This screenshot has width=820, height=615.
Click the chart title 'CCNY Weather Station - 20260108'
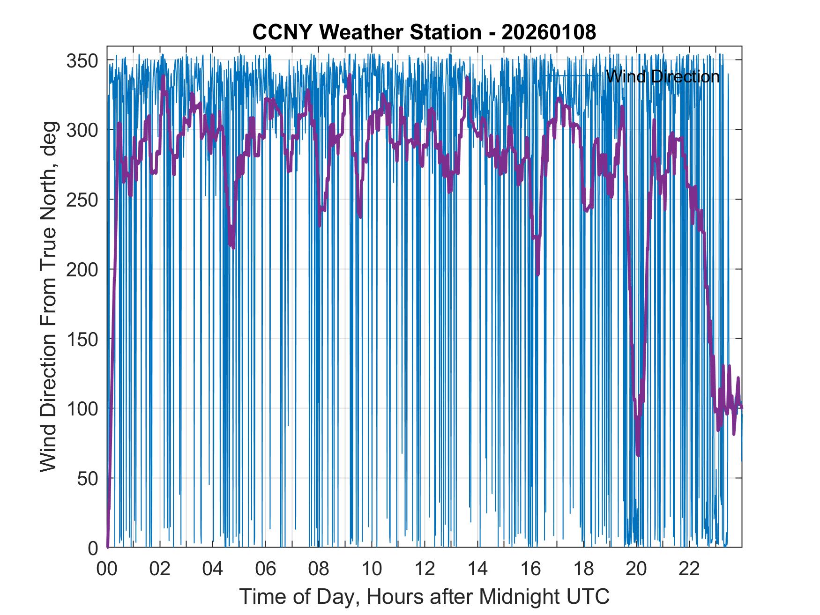[x=424, y=32]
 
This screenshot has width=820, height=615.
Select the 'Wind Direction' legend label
[x=663, y=76]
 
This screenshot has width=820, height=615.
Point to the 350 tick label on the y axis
[x=82, y=60]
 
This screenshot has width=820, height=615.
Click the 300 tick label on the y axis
[x=82, y=130]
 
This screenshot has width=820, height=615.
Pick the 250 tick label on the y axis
[x=82, y=200]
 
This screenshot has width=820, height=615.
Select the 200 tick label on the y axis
[x=82, y=270]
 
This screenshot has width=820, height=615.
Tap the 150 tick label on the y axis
[x=82, y=339]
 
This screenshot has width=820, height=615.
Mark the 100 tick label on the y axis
[x=82, y=409]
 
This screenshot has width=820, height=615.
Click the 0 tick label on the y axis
[x=93, y=548]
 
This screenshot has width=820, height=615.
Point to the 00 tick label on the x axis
[x=107, y=570]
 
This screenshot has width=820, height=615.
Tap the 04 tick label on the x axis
[x=213, y=570]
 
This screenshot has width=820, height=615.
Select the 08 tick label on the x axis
[x=319, y=570]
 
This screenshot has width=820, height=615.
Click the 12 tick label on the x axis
[x=425, y=570]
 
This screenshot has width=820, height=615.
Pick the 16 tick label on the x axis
[x=530, y=570]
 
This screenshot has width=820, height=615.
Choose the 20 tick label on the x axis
[x=636, y=570]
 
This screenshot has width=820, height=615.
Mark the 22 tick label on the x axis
[x=689, y=570]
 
